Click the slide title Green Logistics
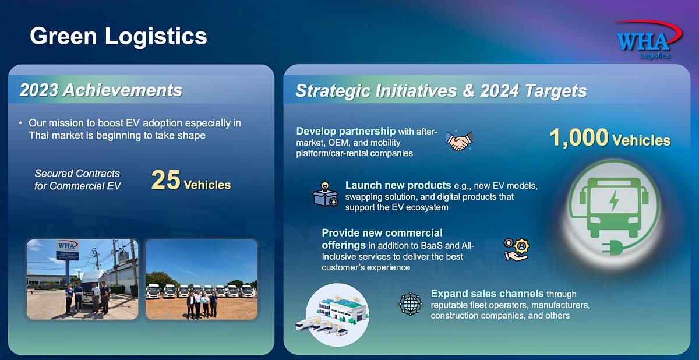(x=118, y=36)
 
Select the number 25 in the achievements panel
(x=165, y=180)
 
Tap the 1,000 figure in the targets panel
(x=579, y=137)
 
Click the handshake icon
(x=460, y=140)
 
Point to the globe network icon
(x=410, y=303)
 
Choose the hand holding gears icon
(x=517, y=249)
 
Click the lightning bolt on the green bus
(x=614, y=200)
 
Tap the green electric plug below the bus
(x=612, y=248)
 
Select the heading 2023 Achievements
(x=101, y=90)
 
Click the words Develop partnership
(x=346, y=131)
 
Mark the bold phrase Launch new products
(x=398, y=185)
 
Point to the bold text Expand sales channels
(x=487, y=294)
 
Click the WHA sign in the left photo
(x=67, y=250)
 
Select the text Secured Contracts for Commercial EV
(x=77, y=179)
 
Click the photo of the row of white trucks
(x=202, y=279)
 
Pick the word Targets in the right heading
(x=556, y=91)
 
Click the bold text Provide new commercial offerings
(x=382, y=239)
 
